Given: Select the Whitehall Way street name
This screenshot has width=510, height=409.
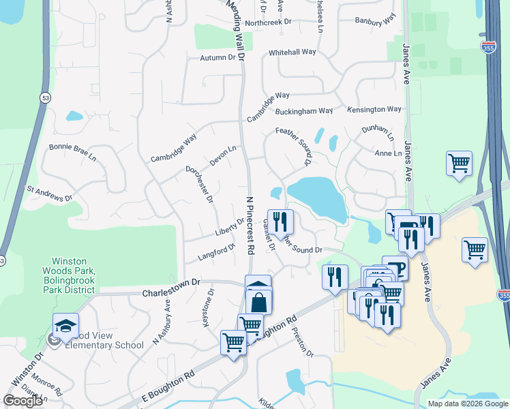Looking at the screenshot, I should tap(292, 52).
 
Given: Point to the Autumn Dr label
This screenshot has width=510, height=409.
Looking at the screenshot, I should tap(217, 58).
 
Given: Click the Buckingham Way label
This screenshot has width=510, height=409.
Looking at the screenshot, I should tap(304, 111).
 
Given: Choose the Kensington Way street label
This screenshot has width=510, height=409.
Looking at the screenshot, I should tap(374, 109).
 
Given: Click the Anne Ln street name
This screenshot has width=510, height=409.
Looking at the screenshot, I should tap(388, 153).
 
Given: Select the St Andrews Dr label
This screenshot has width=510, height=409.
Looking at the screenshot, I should tap(49, 193).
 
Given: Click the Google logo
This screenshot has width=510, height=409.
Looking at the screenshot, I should tap(22, 401).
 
